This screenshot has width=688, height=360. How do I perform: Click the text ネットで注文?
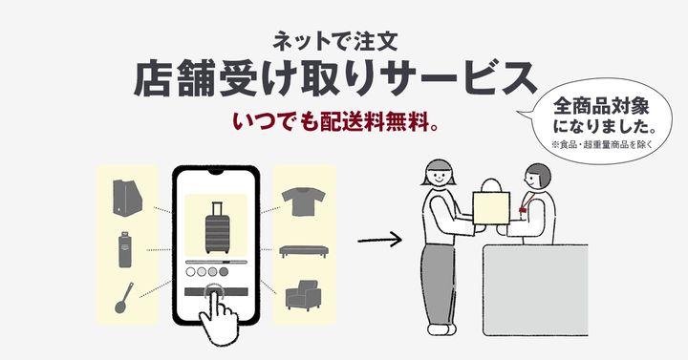343,41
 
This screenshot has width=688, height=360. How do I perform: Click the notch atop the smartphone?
216,173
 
